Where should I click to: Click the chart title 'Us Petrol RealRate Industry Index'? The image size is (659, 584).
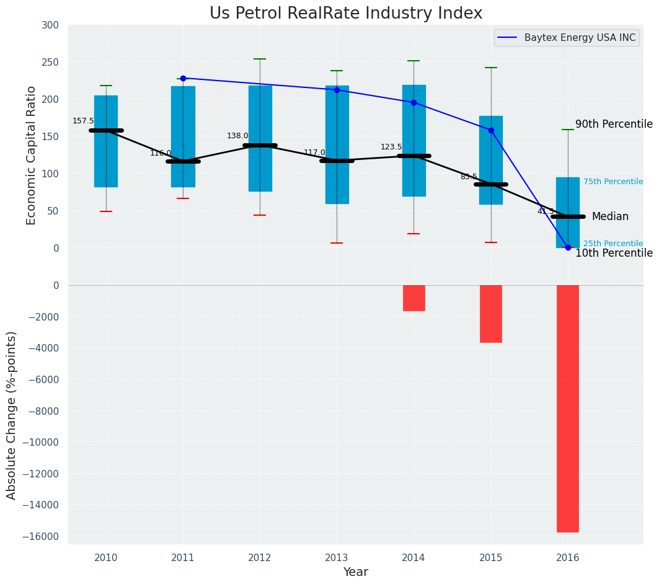coord(345,13)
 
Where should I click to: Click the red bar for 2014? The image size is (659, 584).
coord(414,298)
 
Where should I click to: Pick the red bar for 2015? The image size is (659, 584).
coord(490,314)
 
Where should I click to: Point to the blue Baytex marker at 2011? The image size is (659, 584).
coord(183,78)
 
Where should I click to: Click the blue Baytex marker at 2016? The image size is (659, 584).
coord(568,247)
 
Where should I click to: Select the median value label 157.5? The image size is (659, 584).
coord(83,121)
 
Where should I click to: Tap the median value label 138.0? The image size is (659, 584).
coord(237,136)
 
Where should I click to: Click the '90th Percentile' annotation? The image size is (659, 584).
coord(614,124)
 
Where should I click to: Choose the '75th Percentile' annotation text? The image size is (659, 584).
coord(613,182)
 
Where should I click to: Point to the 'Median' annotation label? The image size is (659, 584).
coord(610,216)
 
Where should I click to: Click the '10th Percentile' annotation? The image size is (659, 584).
coord(614,253)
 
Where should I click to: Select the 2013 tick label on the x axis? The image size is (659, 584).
coord(337,557)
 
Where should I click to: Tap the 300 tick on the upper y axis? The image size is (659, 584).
coord(50,25)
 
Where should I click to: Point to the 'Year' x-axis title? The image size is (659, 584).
coord(355,572)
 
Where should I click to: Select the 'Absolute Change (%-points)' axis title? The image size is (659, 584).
coord(12,415)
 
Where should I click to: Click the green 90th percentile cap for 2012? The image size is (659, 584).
coord(260,59)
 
